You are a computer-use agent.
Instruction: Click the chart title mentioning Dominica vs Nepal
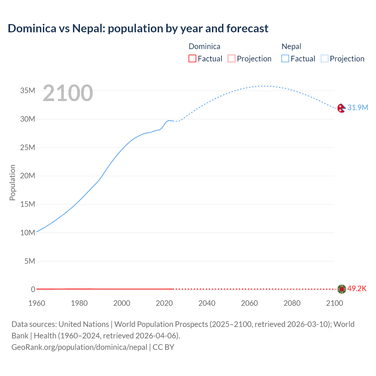138,28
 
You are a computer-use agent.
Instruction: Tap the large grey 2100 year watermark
68,93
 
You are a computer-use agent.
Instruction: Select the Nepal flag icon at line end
341,108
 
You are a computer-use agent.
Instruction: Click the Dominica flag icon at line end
341,289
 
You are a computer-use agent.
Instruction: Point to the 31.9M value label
357,108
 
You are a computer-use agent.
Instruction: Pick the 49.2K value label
357,288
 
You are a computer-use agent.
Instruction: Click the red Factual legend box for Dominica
192,59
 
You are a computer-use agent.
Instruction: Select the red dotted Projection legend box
231,59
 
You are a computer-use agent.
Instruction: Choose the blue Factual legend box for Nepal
285,59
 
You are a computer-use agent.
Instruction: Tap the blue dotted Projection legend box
325,59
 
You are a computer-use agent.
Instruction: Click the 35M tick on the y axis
28,90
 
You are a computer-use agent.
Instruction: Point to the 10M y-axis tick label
28,233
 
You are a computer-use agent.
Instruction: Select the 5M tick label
30,261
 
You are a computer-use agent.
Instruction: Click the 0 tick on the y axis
33,289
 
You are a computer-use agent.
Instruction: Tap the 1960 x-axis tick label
37,303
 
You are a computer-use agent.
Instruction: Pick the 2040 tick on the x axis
207,303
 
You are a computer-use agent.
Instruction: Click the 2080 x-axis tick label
292,303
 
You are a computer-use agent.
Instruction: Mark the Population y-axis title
12,182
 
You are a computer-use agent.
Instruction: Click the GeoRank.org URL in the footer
79,347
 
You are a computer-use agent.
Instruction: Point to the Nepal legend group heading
291,46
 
